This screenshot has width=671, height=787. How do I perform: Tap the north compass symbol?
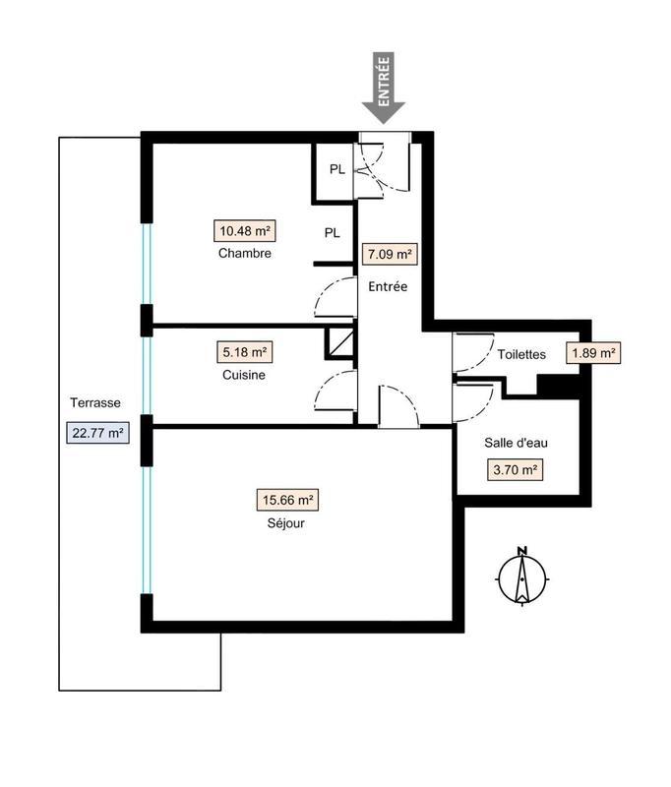(x=522, y=576)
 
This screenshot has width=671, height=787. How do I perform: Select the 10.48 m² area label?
(x=245, y=232)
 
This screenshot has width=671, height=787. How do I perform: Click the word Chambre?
(x=245, y=254)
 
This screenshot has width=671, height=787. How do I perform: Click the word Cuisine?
(x=244, y=375)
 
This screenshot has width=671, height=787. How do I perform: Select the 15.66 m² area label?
(x=288, y=501)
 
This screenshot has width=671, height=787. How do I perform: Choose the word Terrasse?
(x=95, y=403)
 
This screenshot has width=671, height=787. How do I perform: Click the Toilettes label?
(x=521, y=355)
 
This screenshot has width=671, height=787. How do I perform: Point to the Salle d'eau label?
(x=517, y=444)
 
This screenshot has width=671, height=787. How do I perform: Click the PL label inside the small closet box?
(x=336, y=169)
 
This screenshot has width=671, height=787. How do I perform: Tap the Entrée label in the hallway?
(x=389, y=286)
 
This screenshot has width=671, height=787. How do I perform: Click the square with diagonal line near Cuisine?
(x=339, y=342)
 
